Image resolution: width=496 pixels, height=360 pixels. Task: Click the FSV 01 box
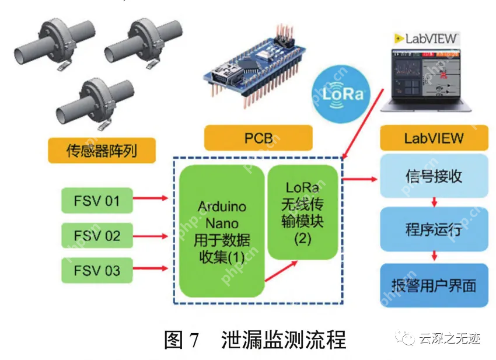[97, 200]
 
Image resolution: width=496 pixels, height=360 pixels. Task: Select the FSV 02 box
[97, 235]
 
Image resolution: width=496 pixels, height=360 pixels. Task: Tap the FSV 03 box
[97, 270]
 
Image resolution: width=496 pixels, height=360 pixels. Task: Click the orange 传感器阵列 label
[102, 151]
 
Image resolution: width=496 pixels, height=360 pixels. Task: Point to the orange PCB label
[258, 138]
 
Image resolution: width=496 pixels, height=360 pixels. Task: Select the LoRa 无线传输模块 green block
[303, 212]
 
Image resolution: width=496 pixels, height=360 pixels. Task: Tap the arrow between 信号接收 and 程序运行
[434, 202]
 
